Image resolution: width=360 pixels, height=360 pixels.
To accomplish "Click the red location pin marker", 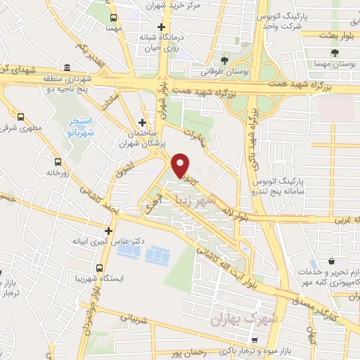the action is [x=180, y=165].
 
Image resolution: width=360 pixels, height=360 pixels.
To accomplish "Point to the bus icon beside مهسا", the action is [x=112, y=16].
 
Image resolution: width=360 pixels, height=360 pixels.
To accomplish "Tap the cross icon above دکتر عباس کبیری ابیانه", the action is [x=108, y=230].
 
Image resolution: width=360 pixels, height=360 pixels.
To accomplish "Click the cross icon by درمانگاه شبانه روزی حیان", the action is [x=161, y=27].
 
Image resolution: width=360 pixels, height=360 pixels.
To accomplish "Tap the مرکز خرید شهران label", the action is [x=174, y=6].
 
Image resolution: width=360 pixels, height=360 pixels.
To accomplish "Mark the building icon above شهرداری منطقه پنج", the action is [x=67, y=68].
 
